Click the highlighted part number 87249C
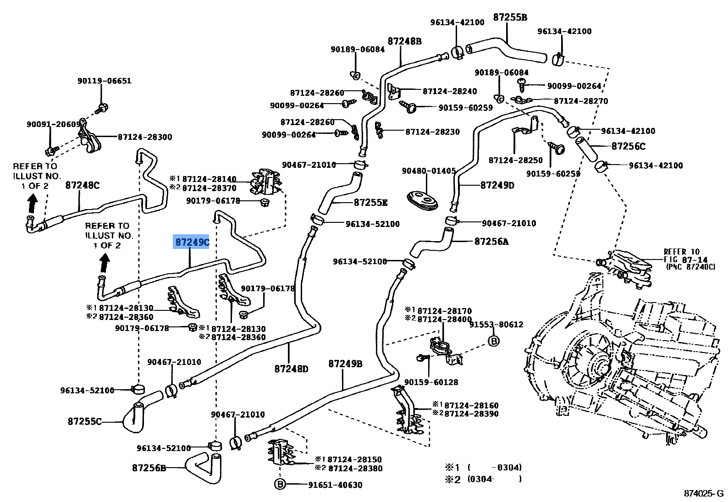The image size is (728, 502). [x=191, y=242]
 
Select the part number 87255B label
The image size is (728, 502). [x=510, y=17]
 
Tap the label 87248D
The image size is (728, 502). [x=291, y=368]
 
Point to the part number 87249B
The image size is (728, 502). [x=345, y=364]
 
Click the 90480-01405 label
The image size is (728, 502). [x=429, y=171]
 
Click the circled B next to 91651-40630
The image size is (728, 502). [x=280, y=485]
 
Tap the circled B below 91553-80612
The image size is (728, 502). [x=493, y=341]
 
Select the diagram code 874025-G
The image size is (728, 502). [x=703, y=493]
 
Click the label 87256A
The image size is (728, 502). [x=491, y=241]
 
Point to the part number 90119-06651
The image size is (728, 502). [x=104, y=81]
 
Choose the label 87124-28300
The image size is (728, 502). [x=145, y=137]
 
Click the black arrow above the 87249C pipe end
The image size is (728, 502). [x=105, y=263]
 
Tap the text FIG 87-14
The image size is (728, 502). [x=685, y=259]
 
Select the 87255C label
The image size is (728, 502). [x=84, y=421]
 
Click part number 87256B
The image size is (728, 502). [x=149, y=468]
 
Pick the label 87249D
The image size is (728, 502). [x=497, y=185]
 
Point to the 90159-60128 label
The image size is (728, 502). [x=431, y=382]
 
